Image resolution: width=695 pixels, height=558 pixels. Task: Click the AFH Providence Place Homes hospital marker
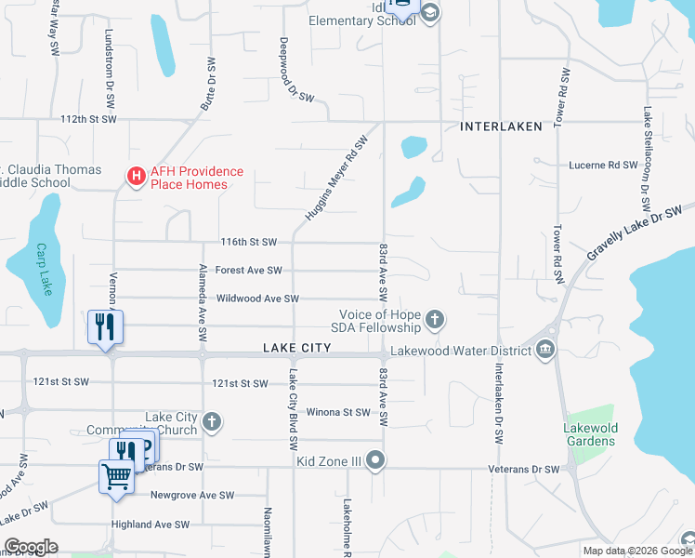click(136, 174)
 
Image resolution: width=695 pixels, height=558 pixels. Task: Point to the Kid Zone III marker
click(375, 460)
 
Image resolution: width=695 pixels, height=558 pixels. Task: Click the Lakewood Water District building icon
click(545, 350)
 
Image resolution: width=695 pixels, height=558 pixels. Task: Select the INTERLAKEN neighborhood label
click(501, 126)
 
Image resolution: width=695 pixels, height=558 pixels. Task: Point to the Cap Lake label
click(43, 270)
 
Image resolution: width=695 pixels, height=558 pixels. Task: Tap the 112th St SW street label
click(88, 119)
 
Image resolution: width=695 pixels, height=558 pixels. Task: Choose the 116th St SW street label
click(249, 242)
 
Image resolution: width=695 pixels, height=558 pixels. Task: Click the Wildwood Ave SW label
click(257, 299)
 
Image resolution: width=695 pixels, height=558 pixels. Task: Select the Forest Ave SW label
click(248, 271)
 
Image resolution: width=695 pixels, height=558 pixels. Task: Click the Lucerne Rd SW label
click(602, 164)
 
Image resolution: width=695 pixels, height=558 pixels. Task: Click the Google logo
click(31, 547)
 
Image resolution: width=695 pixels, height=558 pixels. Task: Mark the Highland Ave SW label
click(151, 525)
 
